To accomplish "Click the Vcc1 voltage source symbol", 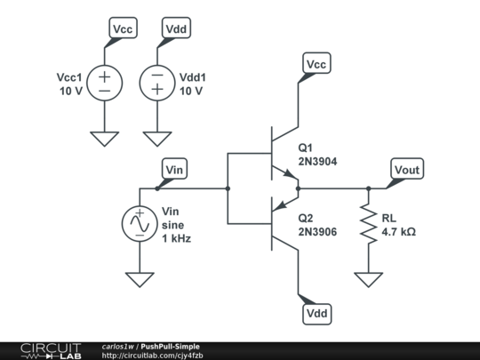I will pos(104,84).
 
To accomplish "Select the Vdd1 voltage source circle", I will pos(157,84).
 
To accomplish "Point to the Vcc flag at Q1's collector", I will pos(316,65).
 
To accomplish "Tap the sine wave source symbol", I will pos(140,224).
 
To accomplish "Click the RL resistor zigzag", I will pos(367,224).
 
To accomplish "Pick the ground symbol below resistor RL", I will pos(367,278).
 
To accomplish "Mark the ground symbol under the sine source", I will pos(140,278).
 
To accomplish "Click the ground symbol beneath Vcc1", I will pos(104,138).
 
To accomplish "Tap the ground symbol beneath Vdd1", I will pos(157,138).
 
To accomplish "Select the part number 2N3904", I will pos(318,162).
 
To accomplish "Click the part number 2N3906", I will pos(318,233).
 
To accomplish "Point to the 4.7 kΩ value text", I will pos(399,233).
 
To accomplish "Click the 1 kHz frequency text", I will pos(176,239).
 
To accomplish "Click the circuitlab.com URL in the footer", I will pos(158,356).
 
